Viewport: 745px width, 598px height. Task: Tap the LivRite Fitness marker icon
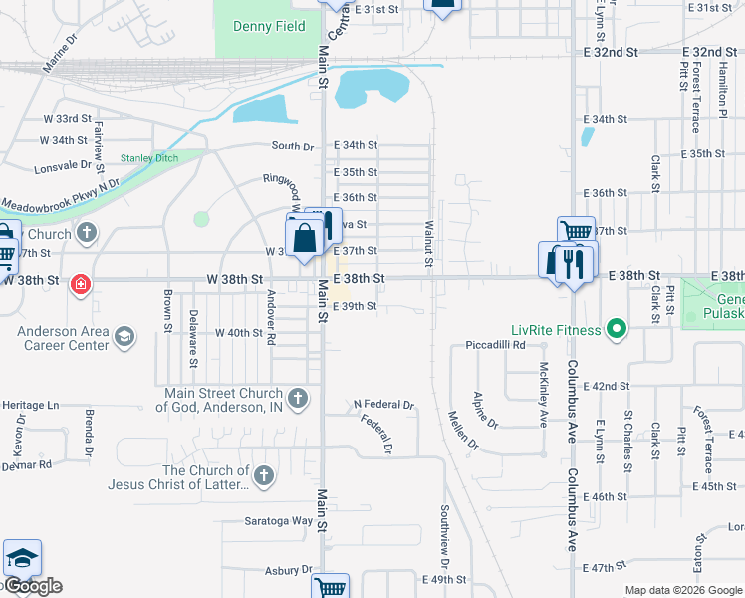pyautogui.click(x=617, y=329)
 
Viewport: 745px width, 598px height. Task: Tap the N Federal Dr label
pyautogui.click(x=383, y=405)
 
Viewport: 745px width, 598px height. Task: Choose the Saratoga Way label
pyautogui.click(x=279, y=520)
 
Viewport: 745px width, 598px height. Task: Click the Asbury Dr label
pyautogui.click(x=289, y=570)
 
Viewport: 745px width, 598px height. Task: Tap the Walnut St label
pyautogui.click(x=428, y=244)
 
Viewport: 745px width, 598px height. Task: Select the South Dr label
pyautogui.click(x=293, y=146)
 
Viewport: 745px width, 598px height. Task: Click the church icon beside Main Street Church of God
pyautogui.click(x=299, y=398)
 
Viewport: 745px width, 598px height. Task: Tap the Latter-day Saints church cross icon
pyautogui.click(x=263, y=476)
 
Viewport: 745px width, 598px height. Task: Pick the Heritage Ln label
pyautogui.click(x=31, y=406)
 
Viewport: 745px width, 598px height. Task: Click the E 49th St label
pyautogui.click(x=444, y=580)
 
